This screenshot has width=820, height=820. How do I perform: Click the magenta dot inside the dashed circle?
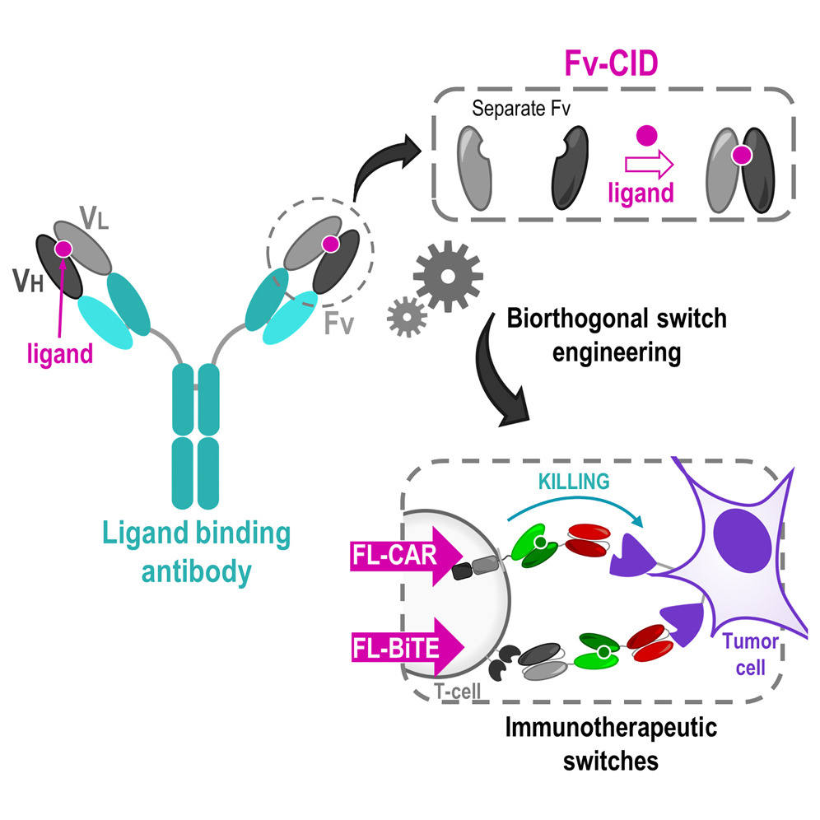pos(330,243)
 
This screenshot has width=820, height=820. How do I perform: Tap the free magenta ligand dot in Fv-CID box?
pos(648,134)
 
